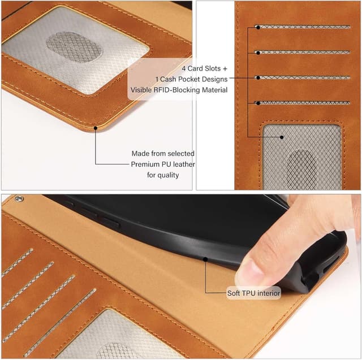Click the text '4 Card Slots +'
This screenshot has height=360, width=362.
click(205, 68)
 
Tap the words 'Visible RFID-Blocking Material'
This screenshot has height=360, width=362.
click(179, 90)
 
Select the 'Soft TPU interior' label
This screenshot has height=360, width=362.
click(253, 293)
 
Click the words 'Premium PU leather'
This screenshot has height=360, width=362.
click(163, 164)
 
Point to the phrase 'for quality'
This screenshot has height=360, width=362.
click(163, 175)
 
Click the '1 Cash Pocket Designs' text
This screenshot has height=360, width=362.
click(192, 79)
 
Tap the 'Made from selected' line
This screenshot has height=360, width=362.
click(163, 153)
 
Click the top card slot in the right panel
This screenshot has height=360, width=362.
click(303, 27)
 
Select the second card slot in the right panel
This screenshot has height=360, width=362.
click(303, 53)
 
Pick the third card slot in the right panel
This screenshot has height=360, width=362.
click(303, 78)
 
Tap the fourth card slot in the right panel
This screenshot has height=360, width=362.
click(303, 103)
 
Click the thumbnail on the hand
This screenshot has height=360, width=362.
click(250, 274)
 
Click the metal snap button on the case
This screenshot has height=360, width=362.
click(19, 198)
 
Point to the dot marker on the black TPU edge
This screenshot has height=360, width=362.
click(205, 259)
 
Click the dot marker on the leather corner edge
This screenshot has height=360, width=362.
click(96, 128)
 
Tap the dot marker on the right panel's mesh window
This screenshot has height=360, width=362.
click(282, 137)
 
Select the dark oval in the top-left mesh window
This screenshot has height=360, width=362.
click(74, 47)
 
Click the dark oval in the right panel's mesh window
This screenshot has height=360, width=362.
click(303, 170)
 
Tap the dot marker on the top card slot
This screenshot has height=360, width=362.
click(258, 28)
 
